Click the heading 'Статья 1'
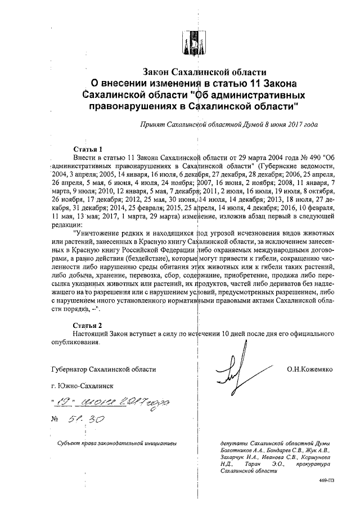tap(88, 150)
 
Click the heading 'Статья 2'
tap(88, 325)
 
